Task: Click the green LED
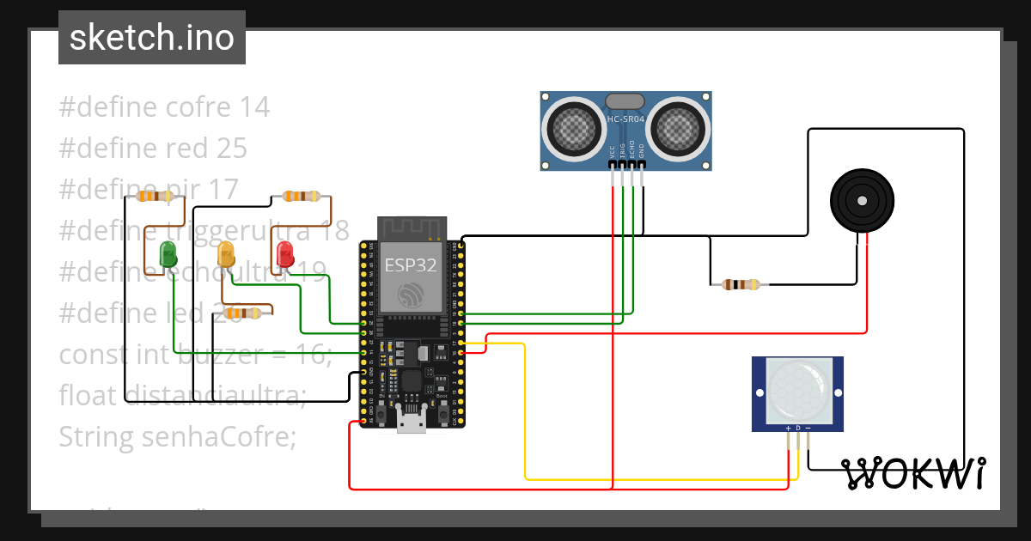168,253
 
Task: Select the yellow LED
226,254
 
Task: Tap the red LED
285,254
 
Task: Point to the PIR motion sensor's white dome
797,392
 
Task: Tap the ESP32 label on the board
410,265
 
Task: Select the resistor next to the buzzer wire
741,284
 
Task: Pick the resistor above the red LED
302,197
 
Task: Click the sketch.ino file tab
152,38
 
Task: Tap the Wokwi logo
912,473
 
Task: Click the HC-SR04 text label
625,119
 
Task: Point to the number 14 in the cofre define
253,107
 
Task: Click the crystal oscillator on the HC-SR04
625,101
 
